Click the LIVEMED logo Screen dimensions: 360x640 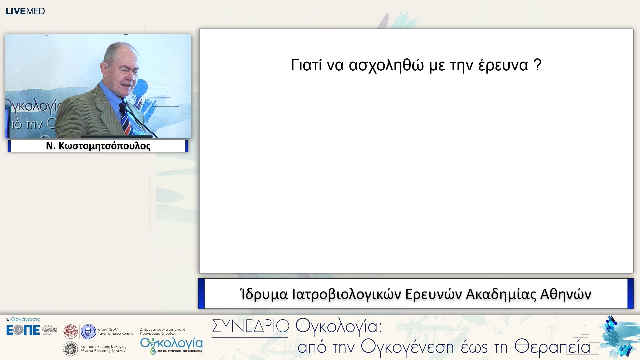pos(25,11)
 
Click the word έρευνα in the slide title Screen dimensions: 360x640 pos(503,65)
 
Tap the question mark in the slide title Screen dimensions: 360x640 pos(537,65)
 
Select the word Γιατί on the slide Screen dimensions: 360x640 pos(306,65)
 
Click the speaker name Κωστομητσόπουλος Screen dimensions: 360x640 pos(104,146)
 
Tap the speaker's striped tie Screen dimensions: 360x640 pos(127,122)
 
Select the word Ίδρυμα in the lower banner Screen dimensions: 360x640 pos(264,294)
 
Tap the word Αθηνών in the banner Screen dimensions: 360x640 pos(565,294)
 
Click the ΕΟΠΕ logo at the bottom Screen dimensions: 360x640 pos(23,330)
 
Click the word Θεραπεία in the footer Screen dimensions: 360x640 pos(552,347)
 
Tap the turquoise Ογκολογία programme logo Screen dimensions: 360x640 pos(171,345)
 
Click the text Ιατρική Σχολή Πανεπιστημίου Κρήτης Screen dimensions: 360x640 pos(115,331)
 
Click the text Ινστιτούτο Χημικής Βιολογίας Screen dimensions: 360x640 pos(103,347)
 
